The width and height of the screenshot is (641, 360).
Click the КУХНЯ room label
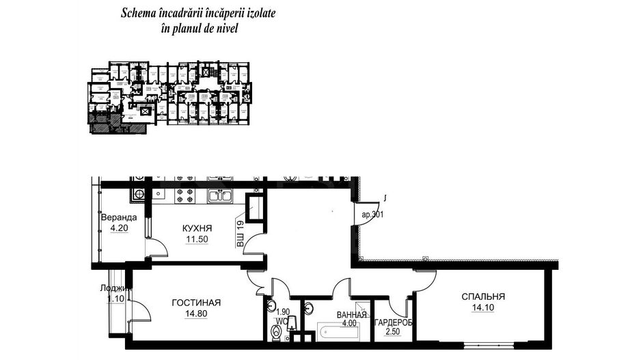197,229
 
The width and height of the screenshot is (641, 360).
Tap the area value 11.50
197,240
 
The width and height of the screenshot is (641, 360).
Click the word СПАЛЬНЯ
482,296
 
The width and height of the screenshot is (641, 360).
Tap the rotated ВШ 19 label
241,235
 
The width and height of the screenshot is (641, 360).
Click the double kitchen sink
220,196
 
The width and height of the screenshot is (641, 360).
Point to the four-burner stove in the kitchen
185,196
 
